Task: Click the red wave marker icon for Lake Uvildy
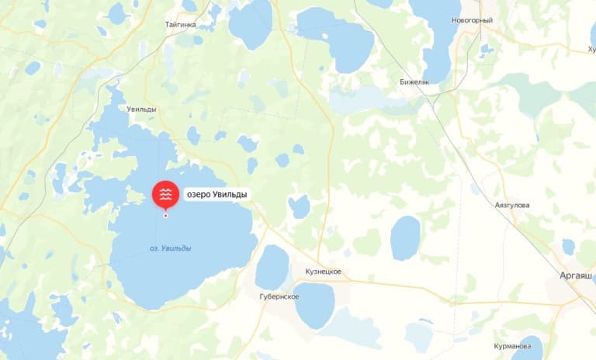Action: pyautogui.click(x=165, y=194)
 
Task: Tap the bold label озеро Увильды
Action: pyautogui.click(x=217, y=195)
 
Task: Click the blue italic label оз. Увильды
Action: pyautogui.click(x=170, y=248)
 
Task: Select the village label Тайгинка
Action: pyautogui.click(x=180, y=25)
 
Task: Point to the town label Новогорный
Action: pyautogui.click(x=472, y=20)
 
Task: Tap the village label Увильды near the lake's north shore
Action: pyautogui.click(x=141, y=109)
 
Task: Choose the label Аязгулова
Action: pyautogui.click(x=511, y=205)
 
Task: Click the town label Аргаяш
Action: pyautogui.click(x=576, y=275)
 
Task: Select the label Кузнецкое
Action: pyautogui.click(x=322, y=272)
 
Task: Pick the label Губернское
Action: pyautogui.click(x=279, y=297)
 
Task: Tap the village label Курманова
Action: pyautogui.click(x=518, y=346)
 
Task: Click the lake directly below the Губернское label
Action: pyautogui.click(x=314, y=306)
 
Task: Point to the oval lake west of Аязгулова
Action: pyautogui.click(x=404, y=237)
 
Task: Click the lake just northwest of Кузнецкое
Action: pyautogui.click(x=272, y=266)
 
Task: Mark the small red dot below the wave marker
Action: pyautogui.click(x=165, y=215)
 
